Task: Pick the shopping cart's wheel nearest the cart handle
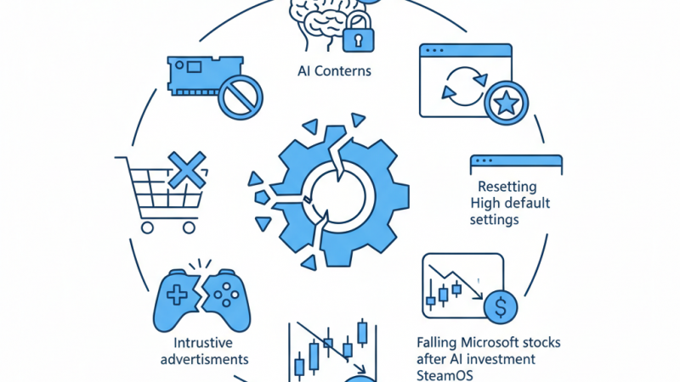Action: tap(148, 227)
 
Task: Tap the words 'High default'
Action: tap(510, 203)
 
